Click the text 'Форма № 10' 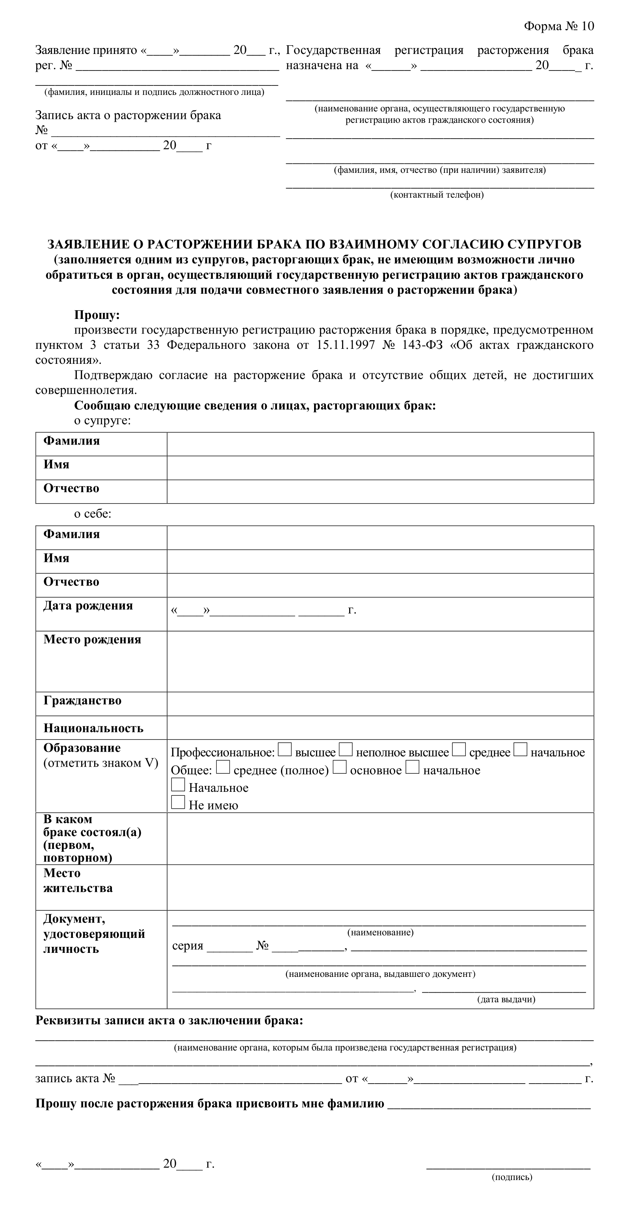pyautogui.click(x=559, y=26)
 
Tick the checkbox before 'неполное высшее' pyautogui.click(x=346, y=749)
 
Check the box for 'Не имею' pyautogui.click(x=178, y=802)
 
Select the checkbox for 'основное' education pyautogui.click(x=339, y=767)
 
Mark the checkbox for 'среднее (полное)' pyautogui.click(x=223, y=767)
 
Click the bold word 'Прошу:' pyautogui.click(x=97, y=315)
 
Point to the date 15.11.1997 pyautogui.click(x=346, y=345)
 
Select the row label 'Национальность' pyautogui.click(x=93, y=728)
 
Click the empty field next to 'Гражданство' pyautogui.click(x=380, y=704)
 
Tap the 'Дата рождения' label pyautogui.click(x=88, y=606)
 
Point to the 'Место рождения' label pyautogui.click(x=92, y=640)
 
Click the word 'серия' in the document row pyautogui.click(x=188, y=946)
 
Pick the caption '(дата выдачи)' pyautogui.click(x=506, y=999)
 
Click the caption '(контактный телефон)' pyautogui.click(x=437, y=195)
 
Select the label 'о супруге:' pyautogui.click(x=102, y=421)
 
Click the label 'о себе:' pyautogui.click(x=93, y=514)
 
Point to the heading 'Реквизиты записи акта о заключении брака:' pyautogui.click(x=169, y=1021)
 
